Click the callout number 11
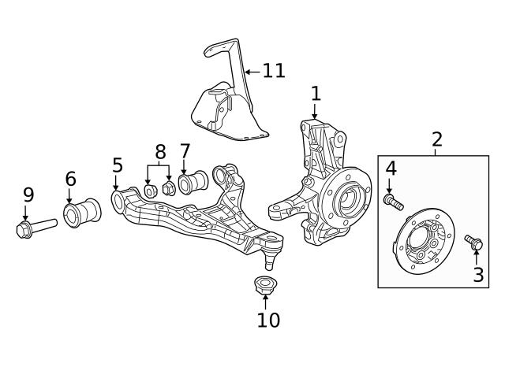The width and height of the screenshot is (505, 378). coord(273,71)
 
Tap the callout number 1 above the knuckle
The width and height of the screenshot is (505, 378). coord(316,94)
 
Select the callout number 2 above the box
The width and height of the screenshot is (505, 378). coord(436,139)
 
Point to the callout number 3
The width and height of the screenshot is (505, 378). coord(477,275)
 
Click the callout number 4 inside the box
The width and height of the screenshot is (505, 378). coord(390,168)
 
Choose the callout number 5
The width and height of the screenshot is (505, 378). coord(117,165)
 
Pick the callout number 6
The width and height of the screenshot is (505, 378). coord(69,177)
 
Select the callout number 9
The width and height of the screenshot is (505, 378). coord(28,195)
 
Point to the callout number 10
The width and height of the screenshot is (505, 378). coord(267,320)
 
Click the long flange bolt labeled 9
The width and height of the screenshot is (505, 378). coord(35,228)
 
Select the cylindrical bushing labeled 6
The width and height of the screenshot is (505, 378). coord(81,213)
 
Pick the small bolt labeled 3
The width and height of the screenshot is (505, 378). coord(475,243)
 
